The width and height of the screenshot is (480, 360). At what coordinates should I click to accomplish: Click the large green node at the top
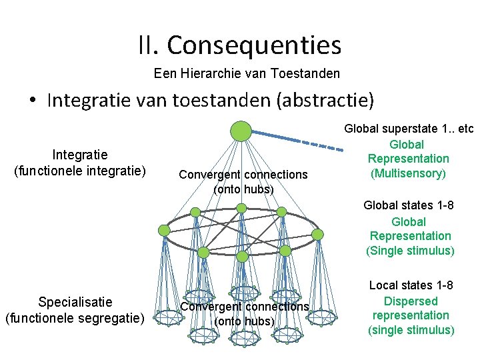(x=241, y=131)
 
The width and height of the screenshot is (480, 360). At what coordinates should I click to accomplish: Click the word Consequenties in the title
(x=254, y=45)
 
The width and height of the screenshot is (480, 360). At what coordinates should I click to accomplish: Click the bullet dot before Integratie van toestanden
(x=33, y=101)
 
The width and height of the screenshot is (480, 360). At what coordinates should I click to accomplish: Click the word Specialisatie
(x=75, y=301)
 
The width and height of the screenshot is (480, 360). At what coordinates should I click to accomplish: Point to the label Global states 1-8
(x=409, y=205)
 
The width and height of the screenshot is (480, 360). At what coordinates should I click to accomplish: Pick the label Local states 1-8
(x=411, y=285)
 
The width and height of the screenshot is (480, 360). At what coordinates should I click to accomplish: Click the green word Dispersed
(x=411, y=301)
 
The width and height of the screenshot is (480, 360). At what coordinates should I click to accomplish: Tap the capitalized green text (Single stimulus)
(x=410, y=251)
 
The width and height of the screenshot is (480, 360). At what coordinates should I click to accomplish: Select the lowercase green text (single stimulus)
(x=411, y=329)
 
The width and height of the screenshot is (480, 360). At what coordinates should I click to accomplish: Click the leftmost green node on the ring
(x=164, y=230)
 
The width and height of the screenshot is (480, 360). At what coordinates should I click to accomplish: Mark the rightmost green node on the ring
(x=318, y=234)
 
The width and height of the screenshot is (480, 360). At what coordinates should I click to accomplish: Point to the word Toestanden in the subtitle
(x=308, y=73)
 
